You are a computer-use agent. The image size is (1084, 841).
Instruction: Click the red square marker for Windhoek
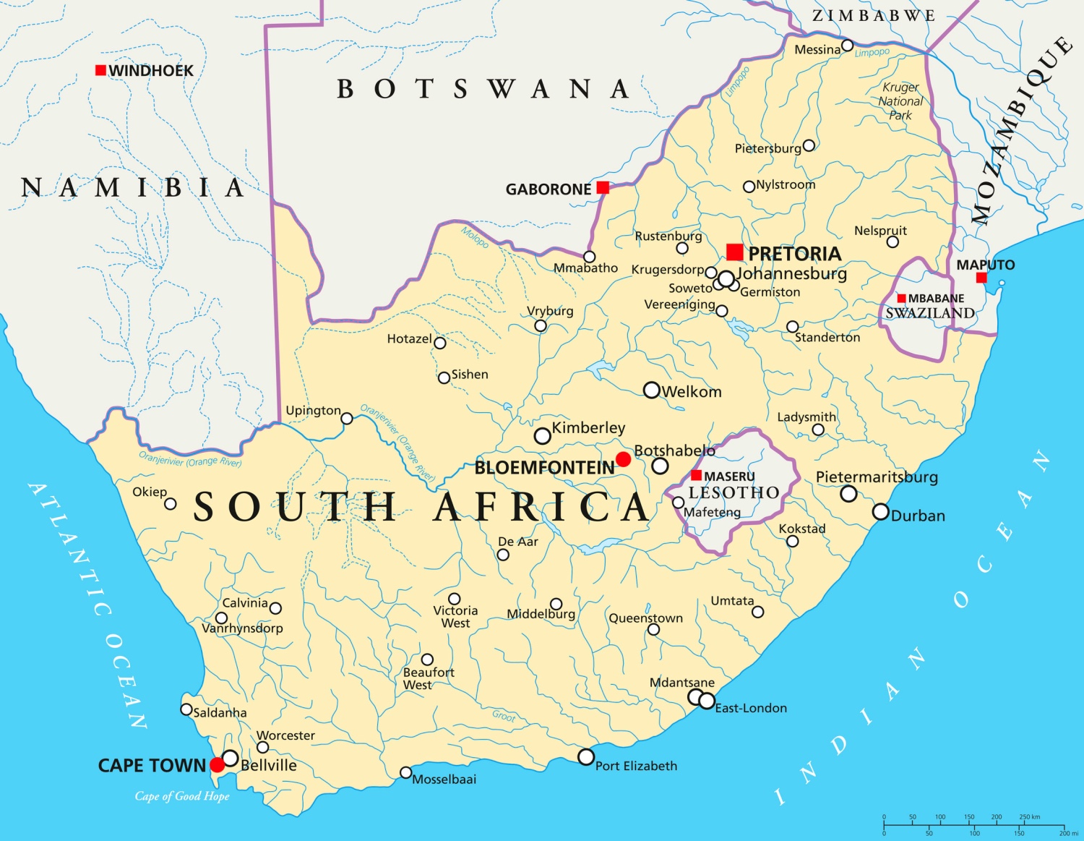coord(100,70)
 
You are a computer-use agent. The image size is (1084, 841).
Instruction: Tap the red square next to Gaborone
coord(603,188)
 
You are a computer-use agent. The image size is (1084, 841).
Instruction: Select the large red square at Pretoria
coord(735,252)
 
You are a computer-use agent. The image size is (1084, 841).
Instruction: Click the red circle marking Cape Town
coord(217,765)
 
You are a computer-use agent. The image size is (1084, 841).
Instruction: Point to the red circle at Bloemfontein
coord(623,459)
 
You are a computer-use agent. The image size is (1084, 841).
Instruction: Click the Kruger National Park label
coord(900,101)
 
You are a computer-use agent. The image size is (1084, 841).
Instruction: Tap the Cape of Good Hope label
coord(182,796)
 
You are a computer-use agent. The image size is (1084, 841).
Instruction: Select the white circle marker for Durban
coord(880,512)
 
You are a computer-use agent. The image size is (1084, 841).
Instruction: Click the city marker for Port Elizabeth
coord(586,757)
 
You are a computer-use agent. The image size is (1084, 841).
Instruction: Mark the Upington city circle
coord(347,419)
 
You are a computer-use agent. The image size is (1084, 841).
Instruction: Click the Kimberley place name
coord(588,427)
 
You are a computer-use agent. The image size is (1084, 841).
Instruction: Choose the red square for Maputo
coord(981,278)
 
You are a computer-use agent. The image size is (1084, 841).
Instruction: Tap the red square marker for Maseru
coord(696,475)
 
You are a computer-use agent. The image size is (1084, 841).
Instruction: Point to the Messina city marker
coord(848,46)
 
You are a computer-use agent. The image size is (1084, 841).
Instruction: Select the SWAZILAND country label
coord(930,313)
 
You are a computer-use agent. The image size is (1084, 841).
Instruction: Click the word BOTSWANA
coord(483,89)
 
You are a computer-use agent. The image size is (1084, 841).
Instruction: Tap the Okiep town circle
coord(171,504)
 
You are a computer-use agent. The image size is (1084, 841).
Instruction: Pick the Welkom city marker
coord(651,390)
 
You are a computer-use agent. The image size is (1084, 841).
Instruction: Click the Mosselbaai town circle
coord(406,772)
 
